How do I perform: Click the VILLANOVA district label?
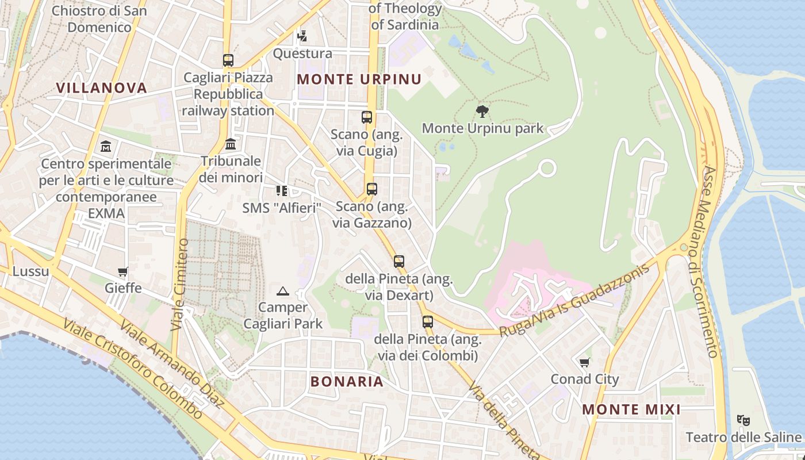pyautogui.click(x=101, y=87)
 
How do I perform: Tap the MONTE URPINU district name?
pyautogui.click(x=359, y=79)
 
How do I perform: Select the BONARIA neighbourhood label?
pyautogui.click(x=347, y=381)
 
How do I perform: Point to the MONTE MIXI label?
pyautogui.click(x=631, y=409)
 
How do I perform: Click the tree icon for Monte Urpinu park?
pyautogui.click(x=482, y=111)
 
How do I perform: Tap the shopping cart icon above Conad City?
pyautogui.click(x=585, y=362)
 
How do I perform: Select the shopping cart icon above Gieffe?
pyautogui.click(x=122, y=271)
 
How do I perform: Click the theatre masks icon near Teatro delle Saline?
pyautogui.click(x=743, y=420)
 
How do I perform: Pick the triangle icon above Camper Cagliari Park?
pyautogui.click(x=282, y=291)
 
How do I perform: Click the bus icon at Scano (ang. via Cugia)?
pyautogui.click(x=367, y=117)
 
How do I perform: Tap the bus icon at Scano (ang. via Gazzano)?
pyautogui.click(x=372, y=189)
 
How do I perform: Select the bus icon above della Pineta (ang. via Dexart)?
pyautogui.click(x=399, y=262)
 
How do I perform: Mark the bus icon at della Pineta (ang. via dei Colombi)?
pyautogui.click(x=427, y=321)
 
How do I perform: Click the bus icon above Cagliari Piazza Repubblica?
pyautogui.click(x=228, y=60)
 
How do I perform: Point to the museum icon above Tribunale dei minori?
pyautogui.click(x=231, y=143)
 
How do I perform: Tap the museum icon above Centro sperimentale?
pyautogui.click(x=106, y=147)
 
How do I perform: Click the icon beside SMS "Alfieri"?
pyautogui.click(x=281, y=190)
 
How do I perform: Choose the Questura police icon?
pyautogui.click(x=302, y=36)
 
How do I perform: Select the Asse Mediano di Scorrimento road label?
pyautogui.click(x=711, y=262)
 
